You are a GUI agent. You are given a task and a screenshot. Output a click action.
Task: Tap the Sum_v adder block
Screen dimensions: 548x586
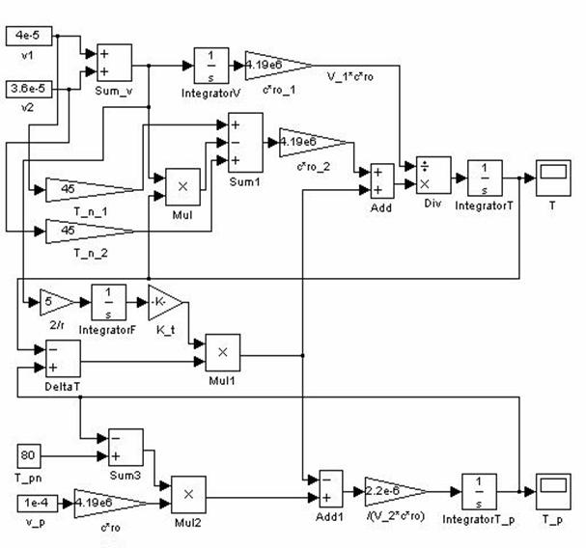click(113, 64)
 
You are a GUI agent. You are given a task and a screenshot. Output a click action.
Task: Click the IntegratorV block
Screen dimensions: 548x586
click(210, 65)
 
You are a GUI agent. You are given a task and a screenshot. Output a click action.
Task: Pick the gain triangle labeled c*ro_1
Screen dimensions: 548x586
click(276, 65)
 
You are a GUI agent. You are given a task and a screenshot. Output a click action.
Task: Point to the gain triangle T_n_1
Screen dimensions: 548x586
click(87, 189)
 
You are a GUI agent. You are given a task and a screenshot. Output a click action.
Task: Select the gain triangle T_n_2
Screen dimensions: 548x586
click(87, 231)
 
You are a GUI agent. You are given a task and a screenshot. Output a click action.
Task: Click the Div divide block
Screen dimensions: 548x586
click(431, 175)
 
